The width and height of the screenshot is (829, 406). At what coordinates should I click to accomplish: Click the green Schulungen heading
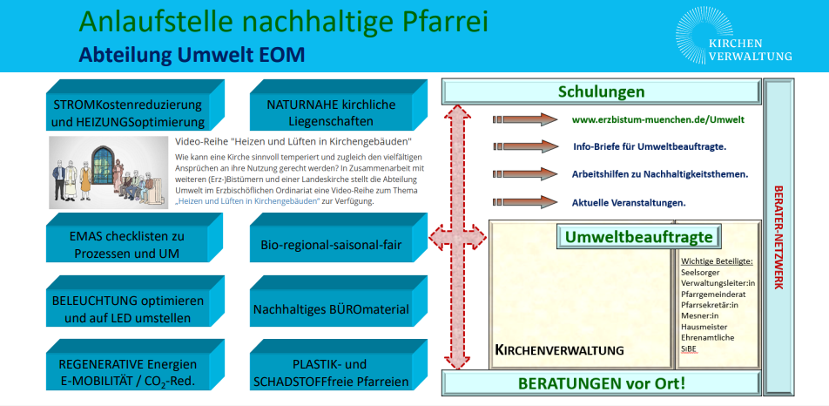point(601,91)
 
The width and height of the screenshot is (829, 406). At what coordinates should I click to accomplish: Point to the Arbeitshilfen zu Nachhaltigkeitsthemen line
point(659,174)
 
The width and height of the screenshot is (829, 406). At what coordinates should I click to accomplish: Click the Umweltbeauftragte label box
point(638,236)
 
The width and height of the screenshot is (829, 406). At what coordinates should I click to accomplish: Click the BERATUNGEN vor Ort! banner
point(601,382)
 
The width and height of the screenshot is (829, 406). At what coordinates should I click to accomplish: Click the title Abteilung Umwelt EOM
point(192,56)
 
